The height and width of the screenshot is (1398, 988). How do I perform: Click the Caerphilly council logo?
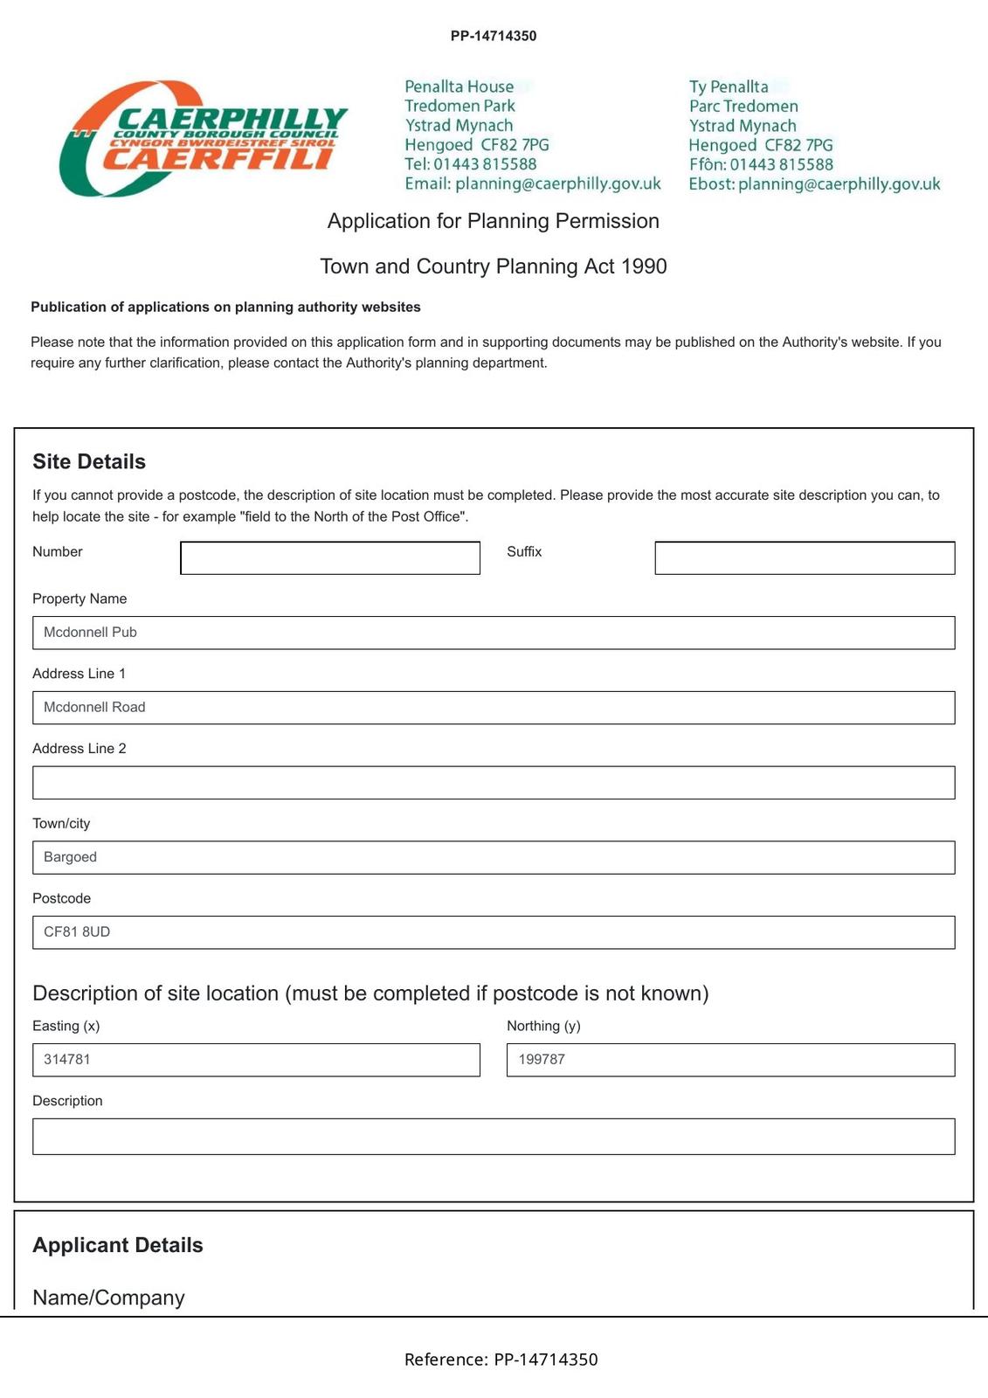point(204,138)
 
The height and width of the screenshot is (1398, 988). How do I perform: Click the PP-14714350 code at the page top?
point(494,36)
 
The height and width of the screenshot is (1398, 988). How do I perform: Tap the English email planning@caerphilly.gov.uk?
point(557,183)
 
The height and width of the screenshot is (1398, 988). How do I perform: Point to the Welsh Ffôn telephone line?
point(761,164)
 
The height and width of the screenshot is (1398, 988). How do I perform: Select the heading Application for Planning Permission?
point(493,221)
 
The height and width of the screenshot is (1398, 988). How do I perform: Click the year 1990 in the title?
point(644,266)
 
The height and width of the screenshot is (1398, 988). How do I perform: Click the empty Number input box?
point(330,557)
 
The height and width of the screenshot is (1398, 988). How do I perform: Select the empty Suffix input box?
point(805,557)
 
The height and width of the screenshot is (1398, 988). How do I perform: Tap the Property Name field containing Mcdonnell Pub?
point(494,633)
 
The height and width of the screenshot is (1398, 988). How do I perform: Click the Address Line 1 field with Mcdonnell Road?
point(494,708)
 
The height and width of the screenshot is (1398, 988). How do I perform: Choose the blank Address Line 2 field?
point(494,783)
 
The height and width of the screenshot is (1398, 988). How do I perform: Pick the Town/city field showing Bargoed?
point(494,857)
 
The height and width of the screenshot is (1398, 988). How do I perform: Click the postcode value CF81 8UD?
point(77,932)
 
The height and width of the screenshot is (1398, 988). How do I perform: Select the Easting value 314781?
point(67,1060)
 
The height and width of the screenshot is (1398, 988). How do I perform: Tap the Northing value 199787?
point(542,1060)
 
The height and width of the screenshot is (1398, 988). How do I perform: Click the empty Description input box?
point(494,1137)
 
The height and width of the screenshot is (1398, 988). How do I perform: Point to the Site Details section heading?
point(89,461)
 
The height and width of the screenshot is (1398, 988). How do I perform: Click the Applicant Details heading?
point(118,1245)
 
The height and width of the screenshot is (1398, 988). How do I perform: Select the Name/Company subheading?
point(108,1298)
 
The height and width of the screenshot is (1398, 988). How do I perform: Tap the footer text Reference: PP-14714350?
point(501,1360)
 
